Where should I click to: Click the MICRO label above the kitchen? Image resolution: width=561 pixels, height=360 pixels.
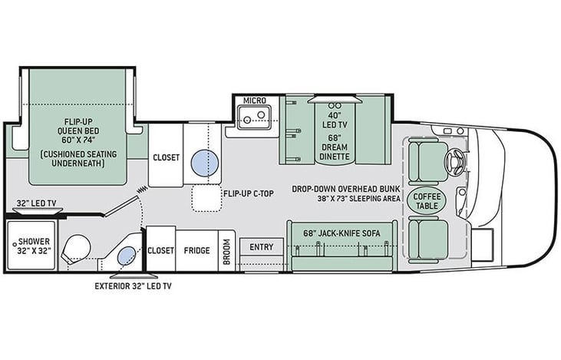[254, 101]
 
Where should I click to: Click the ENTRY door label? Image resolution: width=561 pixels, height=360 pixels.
[260, 246]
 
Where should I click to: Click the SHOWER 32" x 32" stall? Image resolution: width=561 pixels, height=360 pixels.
[30, 246]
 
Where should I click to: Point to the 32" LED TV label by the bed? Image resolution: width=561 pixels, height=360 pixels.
[35, 203]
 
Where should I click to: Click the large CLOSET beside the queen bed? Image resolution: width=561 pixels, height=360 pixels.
[165, 157]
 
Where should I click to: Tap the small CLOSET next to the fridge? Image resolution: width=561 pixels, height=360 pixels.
[160, 250]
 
